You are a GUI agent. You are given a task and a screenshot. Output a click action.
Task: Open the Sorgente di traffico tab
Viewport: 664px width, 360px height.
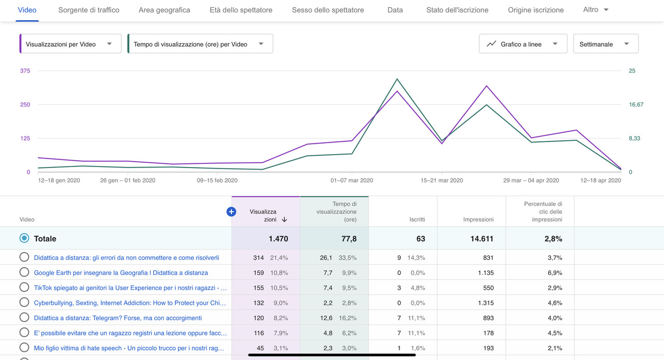[89, 10]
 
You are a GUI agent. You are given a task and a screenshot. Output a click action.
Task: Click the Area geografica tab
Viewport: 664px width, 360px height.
[164, 10]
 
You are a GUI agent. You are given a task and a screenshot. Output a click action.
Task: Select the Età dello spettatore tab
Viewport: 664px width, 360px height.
[241, 10]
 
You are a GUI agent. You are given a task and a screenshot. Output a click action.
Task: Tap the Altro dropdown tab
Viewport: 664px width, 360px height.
[596, 10]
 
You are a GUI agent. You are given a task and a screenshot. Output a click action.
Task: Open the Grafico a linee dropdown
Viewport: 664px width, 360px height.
[523, 44]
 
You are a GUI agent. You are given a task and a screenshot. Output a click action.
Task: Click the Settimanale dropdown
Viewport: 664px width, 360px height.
[605, 44]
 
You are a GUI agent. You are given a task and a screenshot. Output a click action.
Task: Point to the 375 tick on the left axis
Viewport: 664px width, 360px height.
[25, 71]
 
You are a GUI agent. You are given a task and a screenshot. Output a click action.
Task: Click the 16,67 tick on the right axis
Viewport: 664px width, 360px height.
[636, 105]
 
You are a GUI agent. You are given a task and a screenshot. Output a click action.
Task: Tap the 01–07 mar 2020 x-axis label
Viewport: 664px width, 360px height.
[352, 181]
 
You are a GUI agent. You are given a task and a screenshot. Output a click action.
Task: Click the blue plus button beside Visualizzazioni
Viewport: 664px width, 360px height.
[231, 212]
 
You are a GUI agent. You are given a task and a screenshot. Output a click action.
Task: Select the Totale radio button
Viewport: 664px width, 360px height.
[24, 239]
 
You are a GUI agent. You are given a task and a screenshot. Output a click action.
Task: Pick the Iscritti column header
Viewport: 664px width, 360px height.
[417, 219]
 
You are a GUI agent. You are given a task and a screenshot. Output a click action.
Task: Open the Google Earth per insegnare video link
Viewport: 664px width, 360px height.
[121, 273]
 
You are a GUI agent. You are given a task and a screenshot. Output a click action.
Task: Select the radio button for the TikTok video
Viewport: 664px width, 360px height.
[24, 287]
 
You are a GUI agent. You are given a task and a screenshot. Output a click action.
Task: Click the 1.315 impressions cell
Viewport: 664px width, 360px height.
[483, 303]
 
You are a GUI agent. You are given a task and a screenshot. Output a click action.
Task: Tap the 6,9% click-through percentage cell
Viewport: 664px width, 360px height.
[552, 273]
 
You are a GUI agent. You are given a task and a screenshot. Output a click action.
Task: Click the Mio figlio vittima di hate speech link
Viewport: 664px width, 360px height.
[129, 348]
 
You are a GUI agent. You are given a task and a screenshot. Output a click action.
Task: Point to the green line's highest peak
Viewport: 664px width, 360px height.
[397, 79]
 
